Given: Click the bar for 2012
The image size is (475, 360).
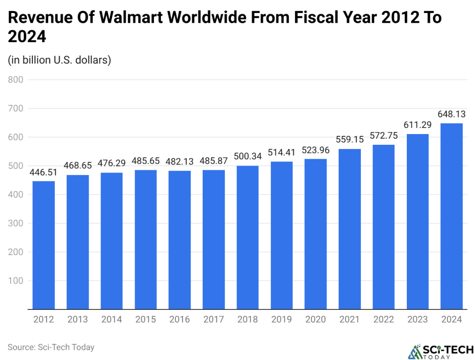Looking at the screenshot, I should pos(44,245).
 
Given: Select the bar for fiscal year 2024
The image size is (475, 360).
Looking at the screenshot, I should pos(451,216).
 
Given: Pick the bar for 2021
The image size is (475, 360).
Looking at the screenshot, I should pos(350,229).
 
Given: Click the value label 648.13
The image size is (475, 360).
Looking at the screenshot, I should pos(451,114).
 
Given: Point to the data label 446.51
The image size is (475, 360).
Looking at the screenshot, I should pos(44,172).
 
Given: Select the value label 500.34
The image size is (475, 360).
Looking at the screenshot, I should pos(248,156).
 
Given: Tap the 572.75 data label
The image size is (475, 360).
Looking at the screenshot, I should pos(384,136).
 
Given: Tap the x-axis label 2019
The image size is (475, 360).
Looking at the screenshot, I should pos(282,320).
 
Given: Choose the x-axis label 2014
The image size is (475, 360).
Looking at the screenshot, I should pos(112,320).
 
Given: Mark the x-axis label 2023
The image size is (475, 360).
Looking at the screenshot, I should pos(417,320).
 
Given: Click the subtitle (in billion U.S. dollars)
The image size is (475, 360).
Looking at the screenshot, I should pos(59,60).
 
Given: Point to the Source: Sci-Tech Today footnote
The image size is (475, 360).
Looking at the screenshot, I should pos(51,347).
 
